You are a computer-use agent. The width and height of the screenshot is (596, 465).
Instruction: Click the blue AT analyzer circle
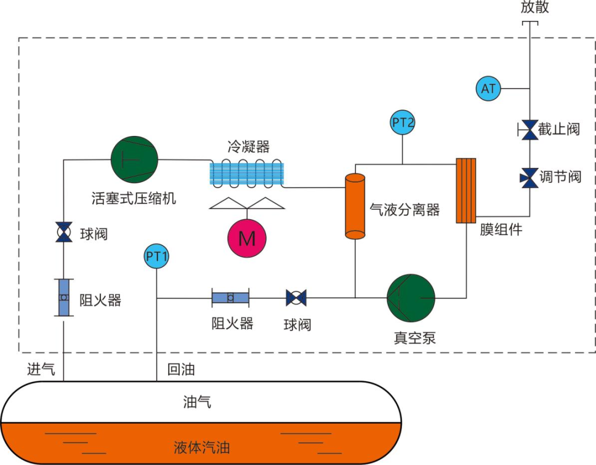tap(488, 88)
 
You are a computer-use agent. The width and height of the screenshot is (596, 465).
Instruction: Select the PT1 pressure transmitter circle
tap(157, 256)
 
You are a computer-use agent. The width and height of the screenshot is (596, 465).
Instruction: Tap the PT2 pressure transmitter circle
tap(403, 122)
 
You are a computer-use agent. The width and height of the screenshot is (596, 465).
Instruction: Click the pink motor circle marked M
tap(247, 238)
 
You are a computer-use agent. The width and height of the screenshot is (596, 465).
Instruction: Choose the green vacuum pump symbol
tap(411, 298)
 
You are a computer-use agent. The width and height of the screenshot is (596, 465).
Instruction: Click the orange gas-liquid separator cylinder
tap(355, 206)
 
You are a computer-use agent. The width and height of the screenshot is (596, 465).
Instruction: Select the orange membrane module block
tap(466, 191)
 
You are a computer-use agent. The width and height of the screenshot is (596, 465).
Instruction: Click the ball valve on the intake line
tap(65, 233)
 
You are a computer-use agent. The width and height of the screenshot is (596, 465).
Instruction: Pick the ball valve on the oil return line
tap(296, 299)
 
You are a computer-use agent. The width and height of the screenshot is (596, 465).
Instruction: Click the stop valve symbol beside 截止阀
tap(530, 130)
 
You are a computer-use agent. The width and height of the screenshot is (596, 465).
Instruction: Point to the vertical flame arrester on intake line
tap(65, 298)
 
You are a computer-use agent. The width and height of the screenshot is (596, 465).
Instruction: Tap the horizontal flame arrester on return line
tap(230, 298)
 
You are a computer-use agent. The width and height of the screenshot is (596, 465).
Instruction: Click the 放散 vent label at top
tap(535, 7)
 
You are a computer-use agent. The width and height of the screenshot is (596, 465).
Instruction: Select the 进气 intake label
tap(41, 369)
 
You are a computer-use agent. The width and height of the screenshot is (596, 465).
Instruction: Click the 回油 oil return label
tap(181, 369)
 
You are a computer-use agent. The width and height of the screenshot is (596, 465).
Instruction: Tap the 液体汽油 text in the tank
tap(201, 447)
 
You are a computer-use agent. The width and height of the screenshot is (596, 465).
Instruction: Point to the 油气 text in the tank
tap(197, 402)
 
